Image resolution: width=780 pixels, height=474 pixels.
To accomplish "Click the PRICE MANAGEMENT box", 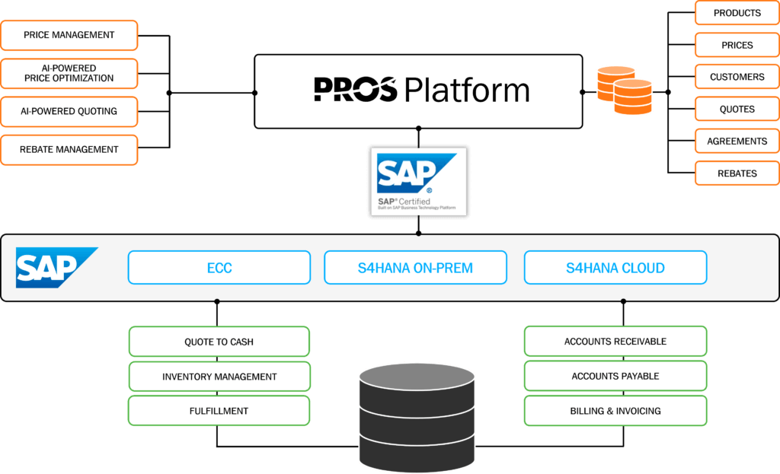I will tap(69, 35).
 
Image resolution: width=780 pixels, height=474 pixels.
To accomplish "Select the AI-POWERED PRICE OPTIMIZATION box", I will tap(69, 73).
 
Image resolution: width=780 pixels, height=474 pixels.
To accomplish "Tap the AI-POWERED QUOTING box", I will tap(69, 111).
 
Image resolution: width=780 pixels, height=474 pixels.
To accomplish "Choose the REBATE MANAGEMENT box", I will tap(69, 150).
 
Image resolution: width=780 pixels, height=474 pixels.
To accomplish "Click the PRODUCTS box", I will tap(737, 13).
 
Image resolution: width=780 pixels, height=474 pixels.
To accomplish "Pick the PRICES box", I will tap(737, 45).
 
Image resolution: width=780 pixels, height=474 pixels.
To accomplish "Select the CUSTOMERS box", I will tap(737, 77).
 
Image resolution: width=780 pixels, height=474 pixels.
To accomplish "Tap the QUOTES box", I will tap(737, 109).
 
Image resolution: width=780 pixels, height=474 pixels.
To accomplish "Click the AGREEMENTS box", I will tap(737, 142).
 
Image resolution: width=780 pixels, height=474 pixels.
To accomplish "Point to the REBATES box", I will tap(737, 173).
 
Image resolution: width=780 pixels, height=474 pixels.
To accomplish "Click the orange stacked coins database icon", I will tap(624, 90).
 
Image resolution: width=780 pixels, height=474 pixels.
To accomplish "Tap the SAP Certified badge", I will tap(417, 182).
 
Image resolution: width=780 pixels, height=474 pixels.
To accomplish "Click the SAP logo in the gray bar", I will tap(56, 267).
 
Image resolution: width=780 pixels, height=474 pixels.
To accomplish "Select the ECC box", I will tap(219, 268).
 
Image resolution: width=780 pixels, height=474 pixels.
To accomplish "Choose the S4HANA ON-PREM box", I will tap(415, 268).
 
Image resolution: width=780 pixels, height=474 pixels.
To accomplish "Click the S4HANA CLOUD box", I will tap(615, 268).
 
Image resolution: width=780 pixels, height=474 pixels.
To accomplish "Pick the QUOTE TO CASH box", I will tap(219, 342).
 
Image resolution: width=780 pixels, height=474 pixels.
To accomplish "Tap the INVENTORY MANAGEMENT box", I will tap(219, 377).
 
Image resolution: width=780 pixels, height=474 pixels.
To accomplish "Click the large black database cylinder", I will tap(417, 415).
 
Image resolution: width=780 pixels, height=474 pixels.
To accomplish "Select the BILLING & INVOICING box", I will tap(615, 411).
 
